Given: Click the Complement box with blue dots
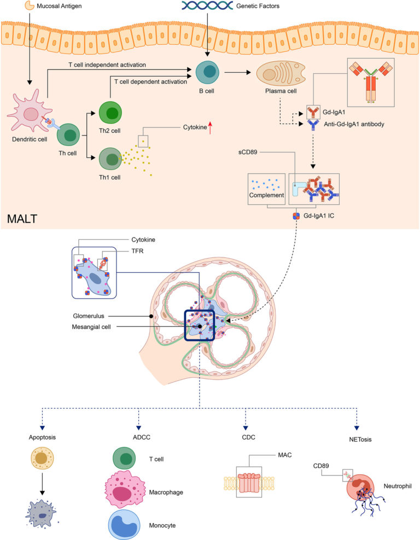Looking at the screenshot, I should [x=266, y=189].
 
